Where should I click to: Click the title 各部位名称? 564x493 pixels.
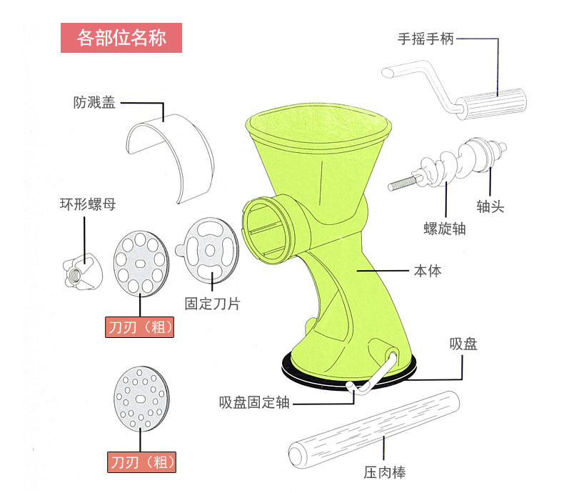point(121,38)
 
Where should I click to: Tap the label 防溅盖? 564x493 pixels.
point(93,102)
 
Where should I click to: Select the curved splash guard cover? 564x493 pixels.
point(169,151)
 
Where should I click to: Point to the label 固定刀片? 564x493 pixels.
point(212,304)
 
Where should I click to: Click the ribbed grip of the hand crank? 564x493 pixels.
point(494,103)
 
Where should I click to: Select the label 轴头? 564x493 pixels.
point(490,206)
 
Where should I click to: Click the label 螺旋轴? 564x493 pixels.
point(443,229)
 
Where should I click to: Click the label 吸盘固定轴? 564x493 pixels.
point(254,402)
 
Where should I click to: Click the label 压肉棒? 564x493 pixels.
point(384,472)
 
